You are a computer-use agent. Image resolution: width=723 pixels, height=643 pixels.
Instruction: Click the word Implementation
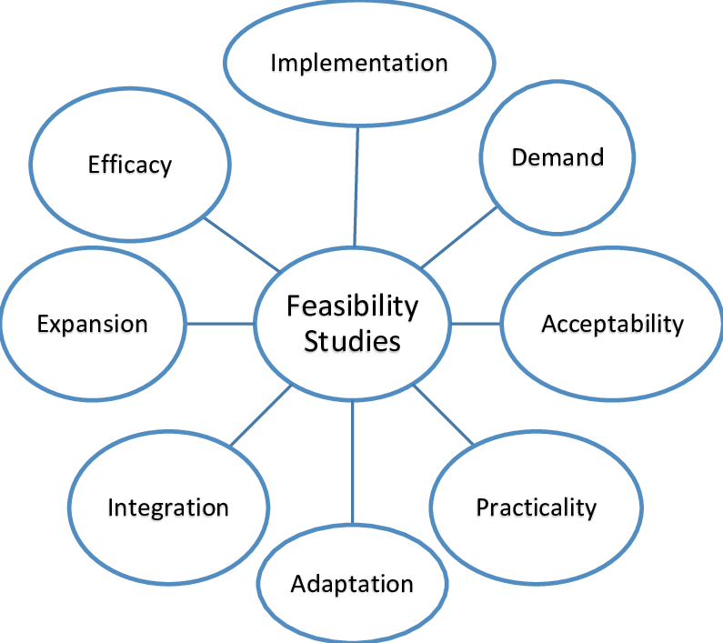coord(359,63)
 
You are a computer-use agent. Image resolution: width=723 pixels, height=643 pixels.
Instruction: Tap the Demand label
coord(557,157)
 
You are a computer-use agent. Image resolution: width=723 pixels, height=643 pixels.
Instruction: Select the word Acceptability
coord(612,323)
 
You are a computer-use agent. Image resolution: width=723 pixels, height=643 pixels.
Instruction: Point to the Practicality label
coord(536,507)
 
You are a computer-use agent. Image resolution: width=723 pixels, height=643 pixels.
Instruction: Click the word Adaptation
coord(352,583)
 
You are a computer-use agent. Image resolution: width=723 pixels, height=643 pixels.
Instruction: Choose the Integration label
coord(168,507)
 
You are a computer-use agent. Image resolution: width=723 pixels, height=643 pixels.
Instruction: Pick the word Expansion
coord(92,324)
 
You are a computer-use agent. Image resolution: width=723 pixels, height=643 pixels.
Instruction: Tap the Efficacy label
coord(130,165)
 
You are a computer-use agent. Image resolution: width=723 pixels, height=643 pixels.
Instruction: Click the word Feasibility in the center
coord(352,306)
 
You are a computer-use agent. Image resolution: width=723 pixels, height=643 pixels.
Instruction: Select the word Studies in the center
coord(352,342)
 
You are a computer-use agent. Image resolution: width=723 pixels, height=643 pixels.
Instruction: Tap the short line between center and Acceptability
coord(476,323)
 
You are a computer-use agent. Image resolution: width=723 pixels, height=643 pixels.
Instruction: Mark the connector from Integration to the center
coord(260,416)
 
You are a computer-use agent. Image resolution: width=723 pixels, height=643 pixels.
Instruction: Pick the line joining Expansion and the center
coord(219,323)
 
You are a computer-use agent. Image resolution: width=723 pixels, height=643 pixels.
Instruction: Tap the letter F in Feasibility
coord(293,306)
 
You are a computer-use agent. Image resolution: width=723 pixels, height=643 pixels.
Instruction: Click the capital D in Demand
coord(518,157)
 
